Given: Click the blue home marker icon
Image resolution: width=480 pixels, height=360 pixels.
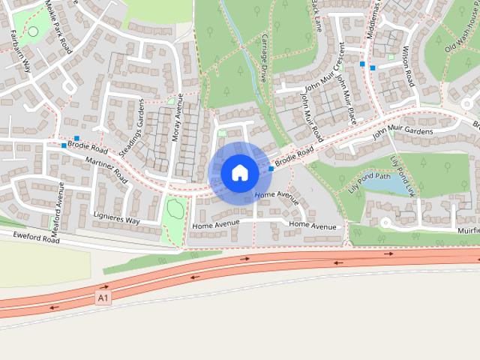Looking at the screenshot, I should (x=239, y=172).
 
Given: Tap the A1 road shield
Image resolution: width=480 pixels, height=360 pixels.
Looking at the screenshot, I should (x=103, y=298).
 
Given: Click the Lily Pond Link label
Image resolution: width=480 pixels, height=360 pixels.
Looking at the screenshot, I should (x=403, y=175).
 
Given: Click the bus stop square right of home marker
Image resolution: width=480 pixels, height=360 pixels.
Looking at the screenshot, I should (x=271, y=169).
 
